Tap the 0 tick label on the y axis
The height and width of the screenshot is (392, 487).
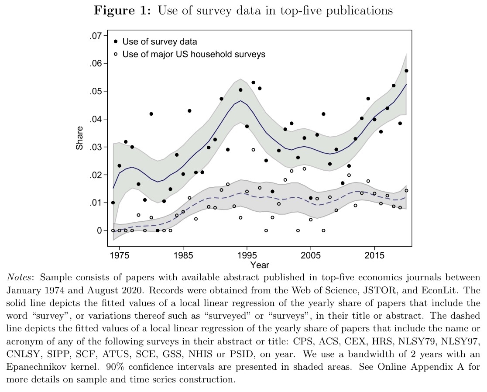(x=99, y=230)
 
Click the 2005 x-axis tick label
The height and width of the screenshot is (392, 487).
(x=311, y=255)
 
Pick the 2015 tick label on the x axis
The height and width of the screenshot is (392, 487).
(x=374, y=255)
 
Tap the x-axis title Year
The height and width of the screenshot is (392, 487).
(x=260, y=265)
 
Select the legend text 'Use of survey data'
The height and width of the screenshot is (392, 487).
(x=160, y=42)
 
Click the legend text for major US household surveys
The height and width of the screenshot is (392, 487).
(x=194, y=55)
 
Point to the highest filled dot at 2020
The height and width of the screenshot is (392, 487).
(x=406, y=71)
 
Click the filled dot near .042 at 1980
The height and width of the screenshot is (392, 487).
(x=151, y=114)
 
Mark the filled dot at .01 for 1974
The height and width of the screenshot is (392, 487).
(x=113, y=203)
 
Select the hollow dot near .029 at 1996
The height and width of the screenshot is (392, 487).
(x=253, y=150)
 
